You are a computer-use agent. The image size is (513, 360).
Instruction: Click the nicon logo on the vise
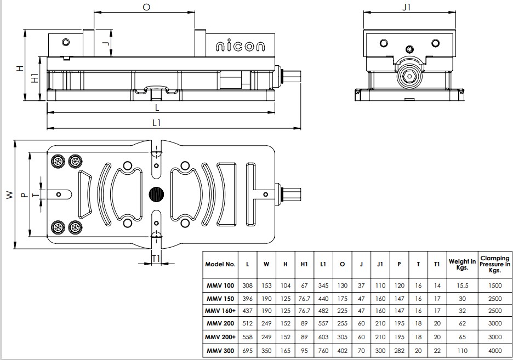click(240, 47)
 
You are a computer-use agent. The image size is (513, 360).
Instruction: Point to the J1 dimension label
click(406, 7)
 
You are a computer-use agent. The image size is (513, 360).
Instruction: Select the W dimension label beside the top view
click(9, 195)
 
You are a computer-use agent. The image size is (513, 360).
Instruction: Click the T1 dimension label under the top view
click(156, 258)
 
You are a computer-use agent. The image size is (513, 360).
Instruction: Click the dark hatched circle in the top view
click(156, 194)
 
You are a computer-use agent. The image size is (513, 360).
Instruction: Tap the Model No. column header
click(220, 264)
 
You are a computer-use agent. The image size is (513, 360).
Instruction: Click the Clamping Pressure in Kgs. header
click(495, 264)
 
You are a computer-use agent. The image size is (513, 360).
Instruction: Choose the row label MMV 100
click(220, 286)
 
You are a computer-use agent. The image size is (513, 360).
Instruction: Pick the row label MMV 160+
click(220, 311)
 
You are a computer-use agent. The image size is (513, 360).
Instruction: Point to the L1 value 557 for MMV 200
click(323, 323)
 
